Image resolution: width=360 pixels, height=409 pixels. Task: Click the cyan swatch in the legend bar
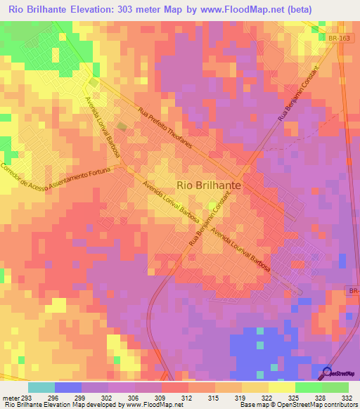point(41,387)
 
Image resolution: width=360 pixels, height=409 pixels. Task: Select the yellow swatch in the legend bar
point(282,387)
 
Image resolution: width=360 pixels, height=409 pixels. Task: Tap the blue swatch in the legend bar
point(68,387)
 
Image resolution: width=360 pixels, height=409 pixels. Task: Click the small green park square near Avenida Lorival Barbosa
point(122,127)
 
